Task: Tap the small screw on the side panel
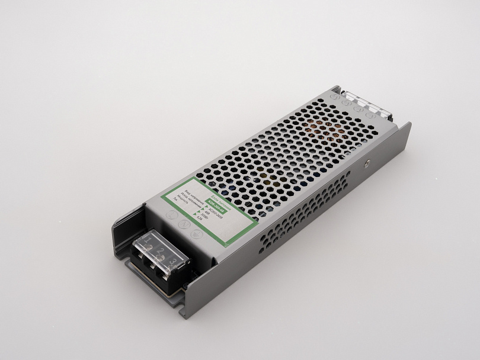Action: coord(367,159)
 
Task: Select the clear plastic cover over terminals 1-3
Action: coord(160,249)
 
